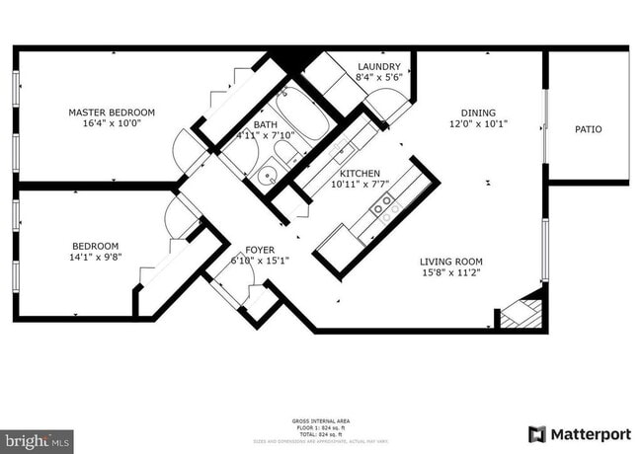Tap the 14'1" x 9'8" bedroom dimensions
(x=95, y=259)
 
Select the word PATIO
(x=588, y=129)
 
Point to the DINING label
(x=478, y=113)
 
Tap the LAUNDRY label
(x=378, y=66)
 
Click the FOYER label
(x=259, y=250)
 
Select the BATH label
(x=265, y=125)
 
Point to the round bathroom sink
(x=266, y=177)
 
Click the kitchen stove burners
(x=381, y=204)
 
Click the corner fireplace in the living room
(x=522, y=313)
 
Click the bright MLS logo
(x=37, y=441)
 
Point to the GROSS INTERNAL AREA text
(x=317, y=420)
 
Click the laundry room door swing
(x=388, y=103)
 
